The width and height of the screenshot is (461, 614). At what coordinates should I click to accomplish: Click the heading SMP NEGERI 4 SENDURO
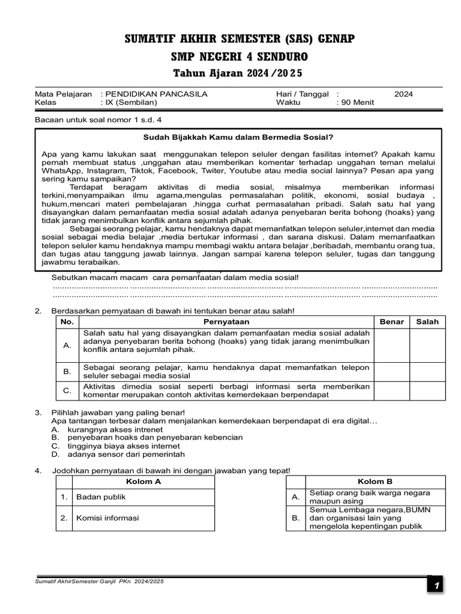pos(240,57)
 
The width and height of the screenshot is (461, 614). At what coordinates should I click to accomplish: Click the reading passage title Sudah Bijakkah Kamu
pos(238,137)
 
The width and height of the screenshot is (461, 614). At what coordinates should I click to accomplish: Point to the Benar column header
pos(391,322)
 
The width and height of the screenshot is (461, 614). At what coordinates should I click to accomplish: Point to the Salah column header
pos(427,322)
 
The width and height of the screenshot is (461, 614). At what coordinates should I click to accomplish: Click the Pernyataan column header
pos(226,322)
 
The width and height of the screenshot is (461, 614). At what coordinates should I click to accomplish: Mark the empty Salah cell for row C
pos(427,391)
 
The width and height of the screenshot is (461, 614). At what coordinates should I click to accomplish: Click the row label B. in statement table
pos(67,372)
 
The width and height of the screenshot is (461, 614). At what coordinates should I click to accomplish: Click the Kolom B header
pos(375,481)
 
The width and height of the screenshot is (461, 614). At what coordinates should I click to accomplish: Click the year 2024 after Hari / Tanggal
pos(403,94)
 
